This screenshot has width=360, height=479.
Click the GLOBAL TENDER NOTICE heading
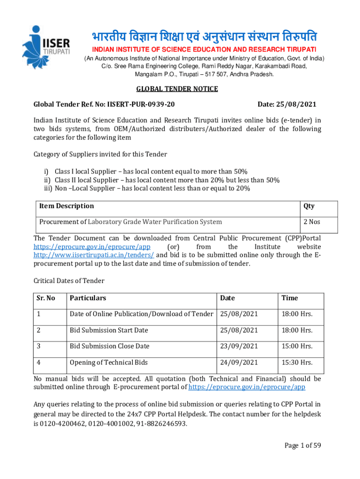(170, 89)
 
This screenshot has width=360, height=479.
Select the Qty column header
(309, 206)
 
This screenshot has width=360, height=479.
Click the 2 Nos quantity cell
(312, 222)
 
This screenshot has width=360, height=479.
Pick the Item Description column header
(66, 206)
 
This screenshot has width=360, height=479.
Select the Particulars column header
(88, 298)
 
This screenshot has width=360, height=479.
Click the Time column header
(289, 298)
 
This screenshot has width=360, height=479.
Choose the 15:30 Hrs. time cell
(297, 363)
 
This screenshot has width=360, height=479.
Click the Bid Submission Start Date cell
(108, 330)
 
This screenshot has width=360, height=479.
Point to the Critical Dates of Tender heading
(69, 281)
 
